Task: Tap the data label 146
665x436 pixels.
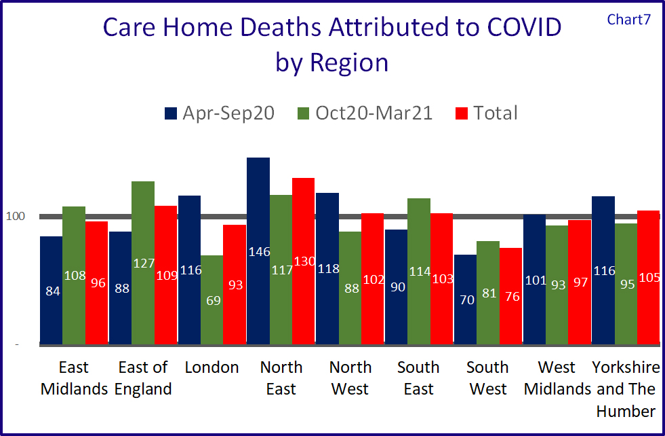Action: pos(258,252)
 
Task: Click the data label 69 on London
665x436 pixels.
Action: pos(212,299)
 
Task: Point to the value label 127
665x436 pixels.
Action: pos(143,263)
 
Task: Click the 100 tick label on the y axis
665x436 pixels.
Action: pos(16,217)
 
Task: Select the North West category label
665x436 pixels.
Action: pos(350,378)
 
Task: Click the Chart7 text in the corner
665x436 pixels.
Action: pos(628,19)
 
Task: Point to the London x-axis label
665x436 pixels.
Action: pos(212,367)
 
